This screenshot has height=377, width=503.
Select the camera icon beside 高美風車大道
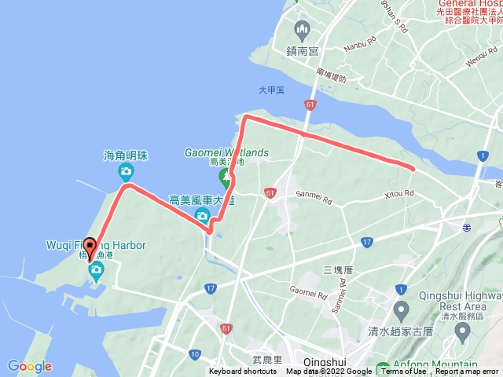(x=203, y=214)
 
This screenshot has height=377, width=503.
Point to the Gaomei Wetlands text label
(x=226, y=152)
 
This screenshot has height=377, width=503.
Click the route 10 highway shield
(x=194, y=355)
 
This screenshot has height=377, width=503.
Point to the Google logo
(x=29, y=366)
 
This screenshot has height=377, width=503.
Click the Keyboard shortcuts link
(x=243, y=372)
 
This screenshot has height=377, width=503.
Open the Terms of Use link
(x=404, y=372)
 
